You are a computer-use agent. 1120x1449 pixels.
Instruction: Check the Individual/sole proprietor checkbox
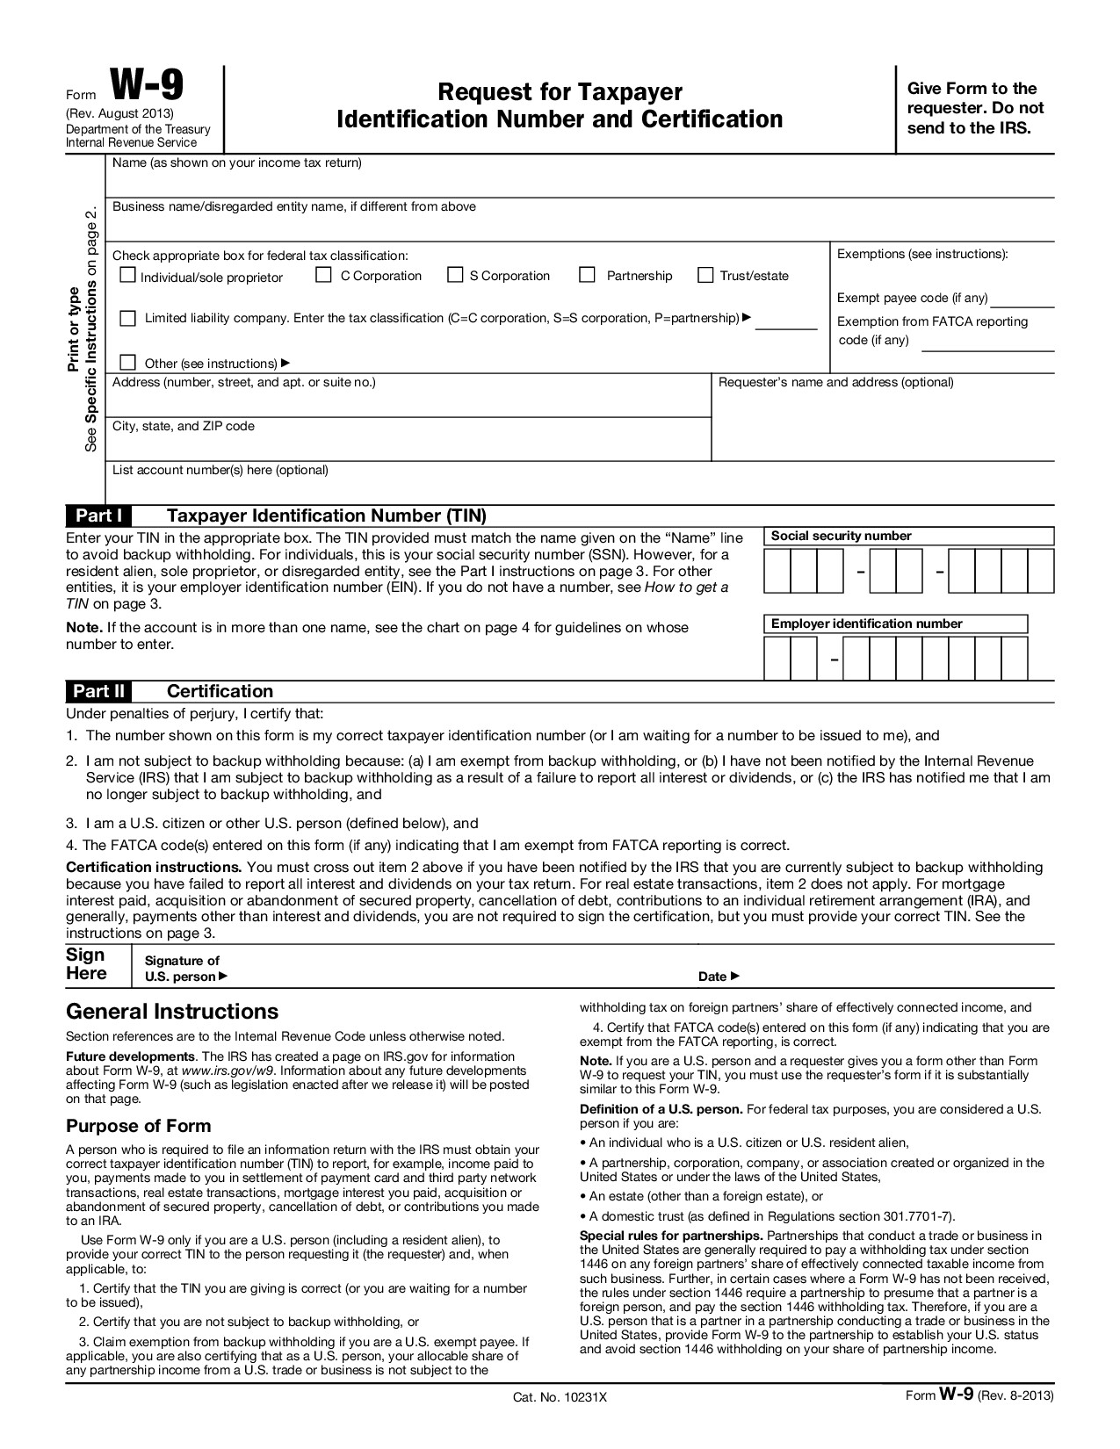(x=128, y=276)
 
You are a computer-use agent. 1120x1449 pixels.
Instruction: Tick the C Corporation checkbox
(x=323, y=276)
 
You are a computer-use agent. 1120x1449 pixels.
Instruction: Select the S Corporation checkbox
(x=455, y=276)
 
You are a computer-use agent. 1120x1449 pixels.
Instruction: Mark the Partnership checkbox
(x=588, y=276)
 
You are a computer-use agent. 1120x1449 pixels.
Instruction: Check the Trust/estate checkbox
(x=705, y=276)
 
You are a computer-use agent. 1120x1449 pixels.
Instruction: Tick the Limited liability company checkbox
(x=128, y=318)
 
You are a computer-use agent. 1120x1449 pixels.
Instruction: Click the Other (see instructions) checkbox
(x=128, y=363)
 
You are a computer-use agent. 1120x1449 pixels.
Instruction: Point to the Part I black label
(x=98, y=515)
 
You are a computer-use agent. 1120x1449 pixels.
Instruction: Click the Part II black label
(x=98, y=691)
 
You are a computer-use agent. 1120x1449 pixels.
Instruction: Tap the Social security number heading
(x=841, y=536)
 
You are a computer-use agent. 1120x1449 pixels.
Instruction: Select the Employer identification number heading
(x=866, y=624)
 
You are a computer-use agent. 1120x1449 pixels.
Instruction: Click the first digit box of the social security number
(x=777, y=571)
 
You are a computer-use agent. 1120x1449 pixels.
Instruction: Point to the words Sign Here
(x=86, y=964)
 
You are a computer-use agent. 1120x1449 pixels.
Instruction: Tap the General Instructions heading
(x=172, y=1011)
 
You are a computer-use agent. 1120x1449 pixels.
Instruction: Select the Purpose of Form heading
(x=139, y=1126)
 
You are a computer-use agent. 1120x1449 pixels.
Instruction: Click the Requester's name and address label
(x=835, y=382)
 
